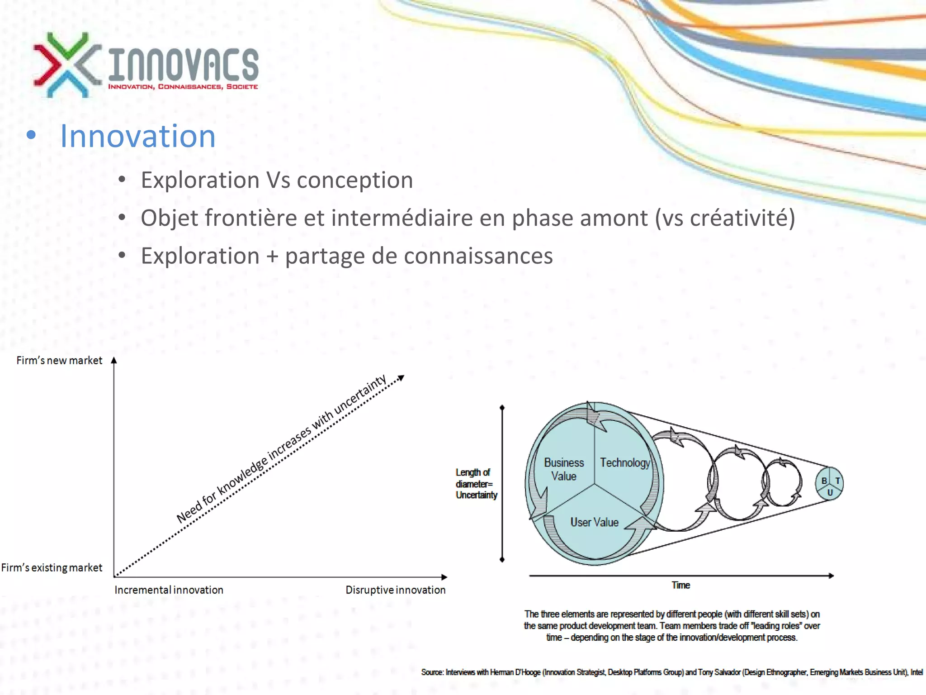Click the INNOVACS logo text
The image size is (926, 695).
[x=183, y=64]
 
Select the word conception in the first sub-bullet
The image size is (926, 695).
[x=355, y=180]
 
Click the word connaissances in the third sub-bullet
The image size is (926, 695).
[x=478, y=256]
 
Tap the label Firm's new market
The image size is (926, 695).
[x=59, y=361]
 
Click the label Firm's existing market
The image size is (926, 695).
[x=52, y=567]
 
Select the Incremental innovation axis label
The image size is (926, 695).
[x=169, y=590]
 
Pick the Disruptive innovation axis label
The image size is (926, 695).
[x=396, y=590]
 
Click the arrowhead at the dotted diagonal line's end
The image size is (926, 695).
[x=401, y=377]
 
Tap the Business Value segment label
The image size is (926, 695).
[x=563, y=469]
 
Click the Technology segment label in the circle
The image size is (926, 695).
[x=624, y=462]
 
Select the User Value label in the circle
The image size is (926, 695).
[x=594, y=522]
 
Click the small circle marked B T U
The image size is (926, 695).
[x=829, y=484]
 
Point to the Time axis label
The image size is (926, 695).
[x=680, y=585]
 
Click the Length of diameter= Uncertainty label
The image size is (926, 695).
[x=476, y=484]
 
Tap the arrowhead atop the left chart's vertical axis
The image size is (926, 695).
[x=114, y=361]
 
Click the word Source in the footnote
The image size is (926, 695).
[x=432, y=672]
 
